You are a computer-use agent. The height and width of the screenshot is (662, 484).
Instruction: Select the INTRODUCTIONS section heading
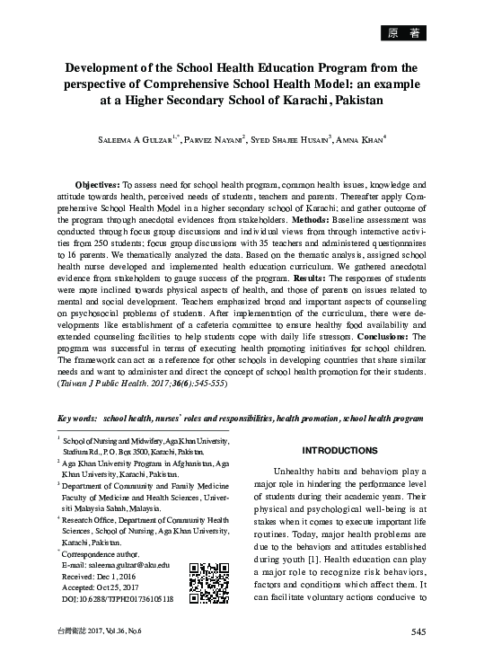[339, 450]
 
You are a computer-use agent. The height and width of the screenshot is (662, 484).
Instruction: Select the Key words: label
[77, 419]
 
